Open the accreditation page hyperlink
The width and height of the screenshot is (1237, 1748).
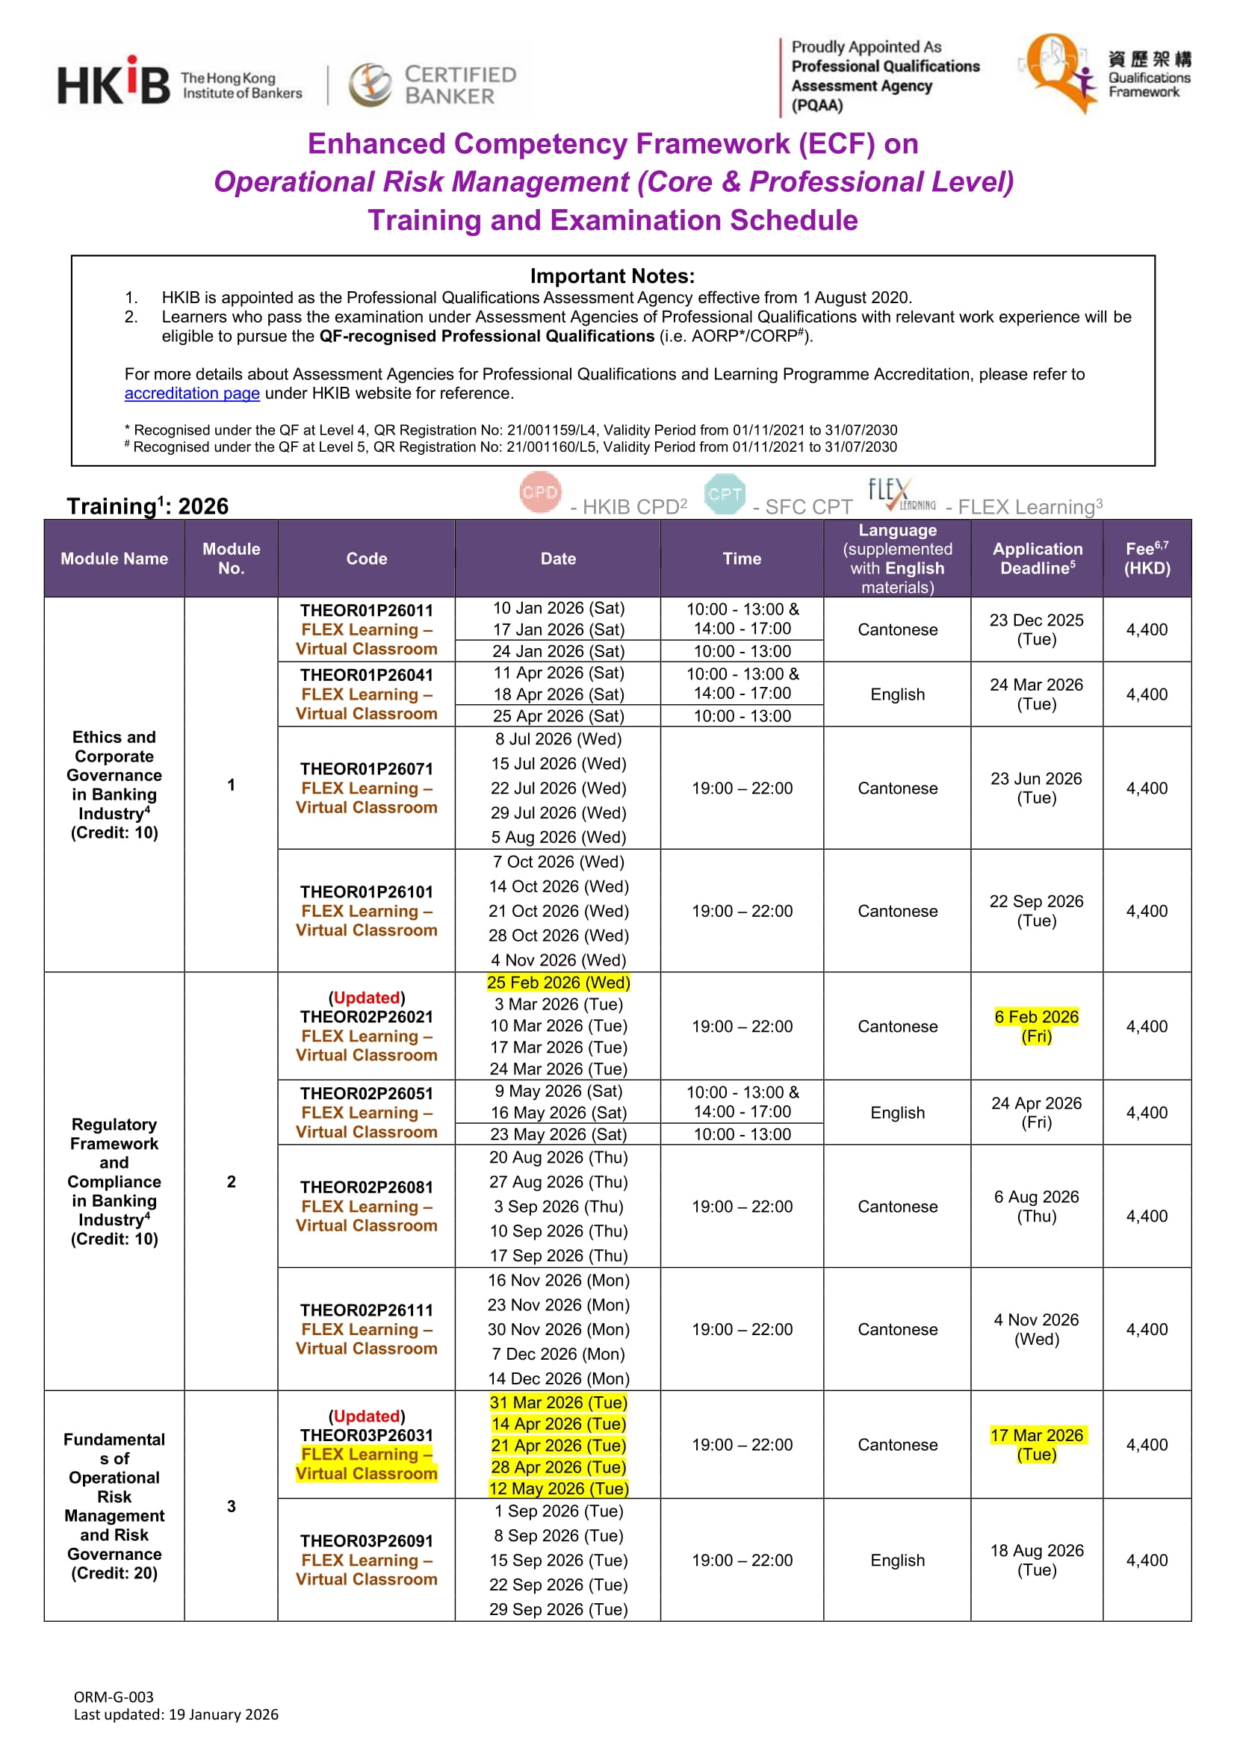click(x=192, y=393)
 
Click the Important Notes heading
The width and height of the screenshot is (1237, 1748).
click(x=613, y=276)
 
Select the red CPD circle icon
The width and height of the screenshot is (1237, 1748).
click(x=540, y=493)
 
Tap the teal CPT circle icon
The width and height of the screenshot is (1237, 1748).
click(x=725, y=494)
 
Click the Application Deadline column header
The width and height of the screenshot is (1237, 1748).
click(x=1037, y=558)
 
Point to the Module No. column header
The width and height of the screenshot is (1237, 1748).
click(x=231, y=558)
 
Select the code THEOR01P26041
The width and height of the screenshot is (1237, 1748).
click(x=366, y=675)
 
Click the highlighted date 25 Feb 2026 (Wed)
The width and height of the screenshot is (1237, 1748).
click(x=558, y=982)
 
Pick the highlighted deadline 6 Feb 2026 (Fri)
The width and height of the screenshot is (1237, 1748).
click(x=1036, y=1025)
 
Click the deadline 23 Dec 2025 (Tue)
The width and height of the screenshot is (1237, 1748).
click(x=1036, y=629)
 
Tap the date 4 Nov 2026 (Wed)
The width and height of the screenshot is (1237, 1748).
click(x=558, y=960)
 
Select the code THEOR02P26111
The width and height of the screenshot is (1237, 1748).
click(x=366, y=1310)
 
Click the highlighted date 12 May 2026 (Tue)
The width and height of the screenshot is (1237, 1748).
click(x=558, y=1488)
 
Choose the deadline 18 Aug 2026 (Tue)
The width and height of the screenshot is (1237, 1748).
click(x=1036, y=1560)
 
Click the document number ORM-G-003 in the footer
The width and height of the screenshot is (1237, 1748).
click(x=114, y=1697)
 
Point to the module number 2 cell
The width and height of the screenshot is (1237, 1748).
click(x=231, y=1181)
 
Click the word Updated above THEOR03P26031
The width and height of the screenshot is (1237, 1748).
click(x=366, y=1416)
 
